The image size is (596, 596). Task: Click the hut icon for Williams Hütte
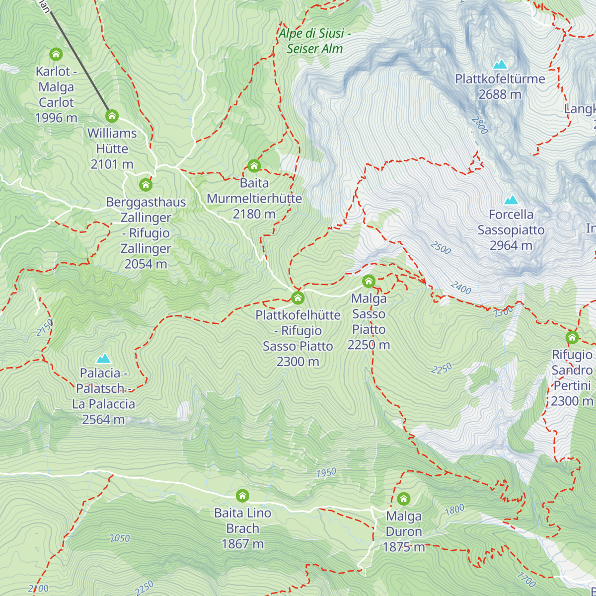pyautogui.click(x=112, y=116)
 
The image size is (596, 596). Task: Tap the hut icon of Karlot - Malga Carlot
pyautogui.click(x=56, y=54)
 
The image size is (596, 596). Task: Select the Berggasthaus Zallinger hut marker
pyautogui.click(x=146, y=185)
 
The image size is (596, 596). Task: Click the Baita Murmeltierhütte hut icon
pyautogui.click(x=254, y=166)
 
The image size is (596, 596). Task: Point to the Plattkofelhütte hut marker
pyautogui.click(x=298, y=298)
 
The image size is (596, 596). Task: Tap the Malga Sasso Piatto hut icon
pyautogui.click(x=369, y=282)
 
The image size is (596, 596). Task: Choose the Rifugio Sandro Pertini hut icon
pyautogui.click(x=572, y=338)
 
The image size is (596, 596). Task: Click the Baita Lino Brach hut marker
pyautogui.click(x=242, y=496)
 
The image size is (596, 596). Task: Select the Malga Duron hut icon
pyautogui.click(x=403, y=499)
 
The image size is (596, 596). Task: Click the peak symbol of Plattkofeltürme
pyautogui.click(x=500, y=64)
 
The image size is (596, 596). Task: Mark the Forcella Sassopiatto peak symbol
pyautogui.click(x=511, y=200)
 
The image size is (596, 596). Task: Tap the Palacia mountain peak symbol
pyautogui.click(x=103, y=358)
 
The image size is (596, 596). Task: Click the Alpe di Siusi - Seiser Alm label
pyautogui.click(x=315, y=41)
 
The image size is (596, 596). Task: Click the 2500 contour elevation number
pyautogui.click(x=441, y=247)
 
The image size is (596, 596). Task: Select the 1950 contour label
pyautogui.click(x=326, y=472)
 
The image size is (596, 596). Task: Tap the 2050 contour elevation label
pyautogui.click(x=120, y=538)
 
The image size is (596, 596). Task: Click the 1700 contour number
pyautogui.click(x=526, y=579)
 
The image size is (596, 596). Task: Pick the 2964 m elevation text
pyautogui.click(x=511, y=245)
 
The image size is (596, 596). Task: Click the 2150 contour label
pyautogui.click(x=45, y=328)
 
